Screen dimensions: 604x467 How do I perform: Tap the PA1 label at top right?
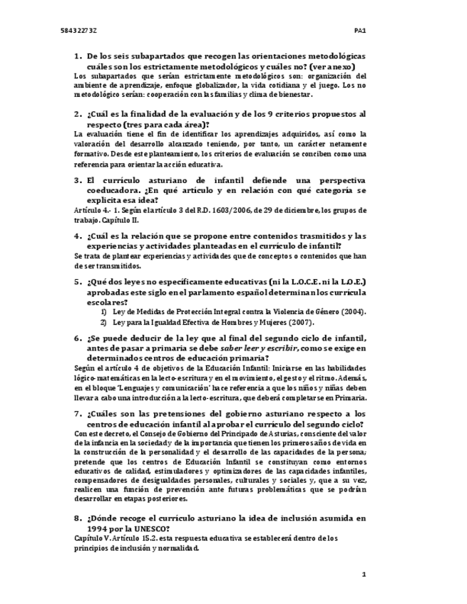click(360, 31)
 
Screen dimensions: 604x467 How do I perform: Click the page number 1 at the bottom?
click(364, 573)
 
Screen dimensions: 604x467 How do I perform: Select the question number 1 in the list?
click(78, 56)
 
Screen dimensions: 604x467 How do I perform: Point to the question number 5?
click(78, 282)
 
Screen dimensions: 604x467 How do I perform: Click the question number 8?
click(78, 518)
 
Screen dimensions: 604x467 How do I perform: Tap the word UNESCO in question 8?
click(150, 528)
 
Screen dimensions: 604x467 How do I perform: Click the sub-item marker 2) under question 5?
click(103, 321)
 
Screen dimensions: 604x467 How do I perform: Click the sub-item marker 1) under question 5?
click(103, 311)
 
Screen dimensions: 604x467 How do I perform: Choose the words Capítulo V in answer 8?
click(91, 538)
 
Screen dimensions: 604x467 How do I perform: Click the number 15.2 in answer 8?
click(140, 538)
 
